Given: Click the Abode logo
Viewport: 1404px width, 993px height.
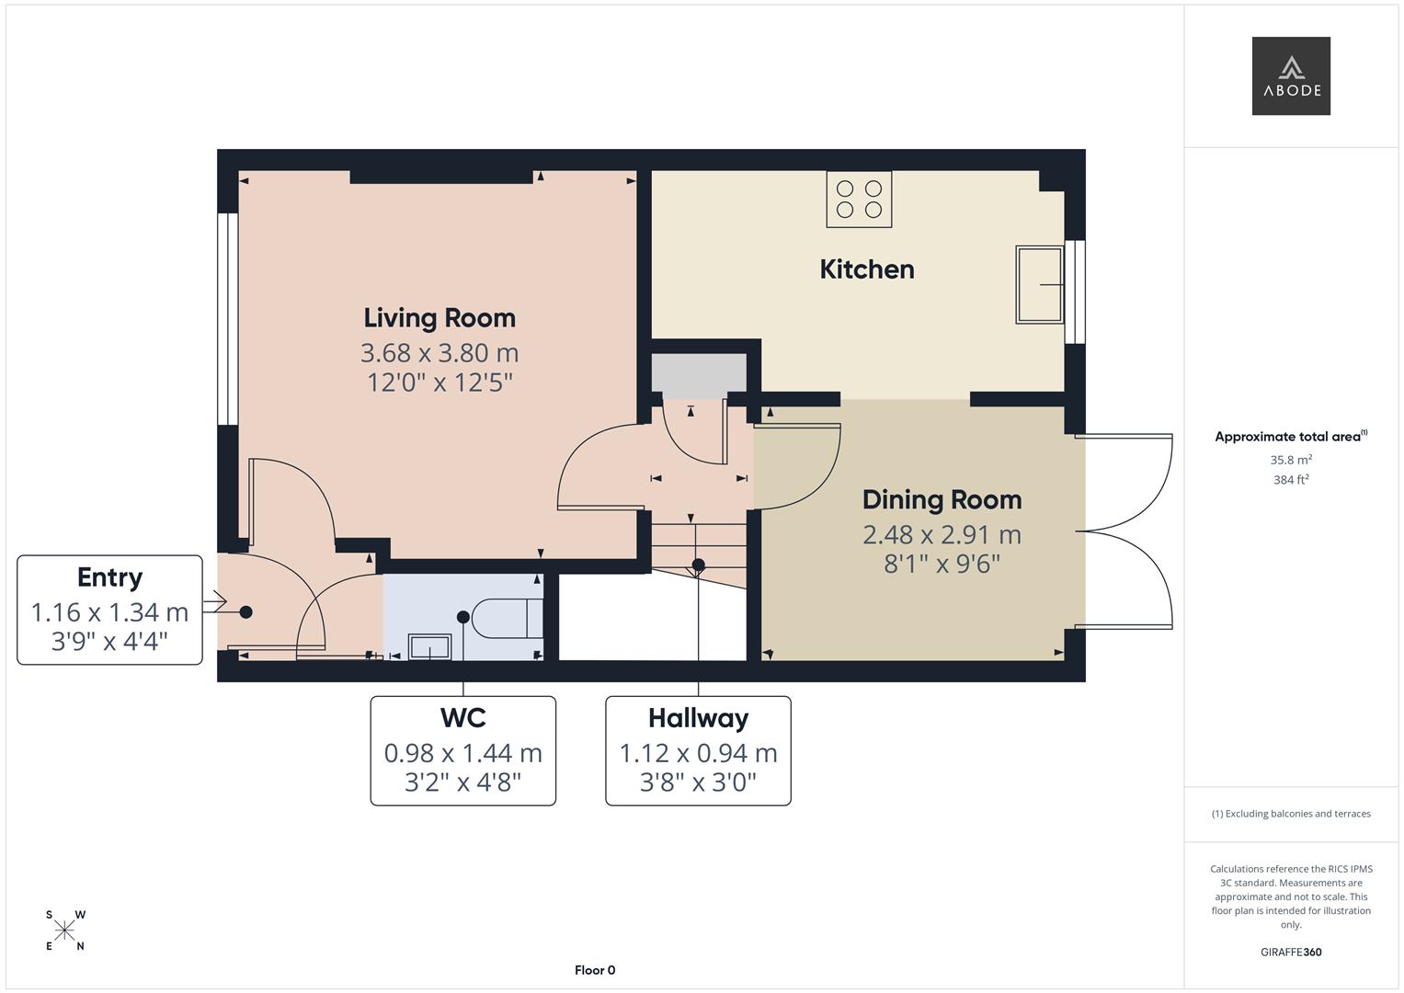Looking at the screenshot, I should [1290, 76].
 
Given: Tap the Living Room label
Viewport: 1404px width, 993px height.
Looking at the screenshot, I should [439, 318].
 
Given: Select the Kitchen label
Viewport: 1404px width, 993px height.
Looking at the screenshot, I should [866, 269].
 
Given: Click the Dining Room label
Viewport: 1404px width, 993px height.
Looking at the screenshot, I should [942, 500].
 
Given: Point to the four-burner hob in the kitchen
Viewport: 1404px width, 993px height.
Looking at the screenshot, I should [859, 200].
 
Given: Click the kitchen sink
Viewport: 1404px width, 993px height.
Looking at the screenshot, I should [1039, 284].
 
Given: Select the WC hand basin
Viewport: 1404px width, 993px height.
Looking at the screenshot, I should [428, 646].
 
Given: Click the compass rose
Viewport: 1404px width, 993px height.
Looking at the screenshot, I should [64, 930].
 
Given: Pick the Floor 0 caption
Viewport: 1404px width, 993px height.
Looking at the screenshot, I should [595, 970].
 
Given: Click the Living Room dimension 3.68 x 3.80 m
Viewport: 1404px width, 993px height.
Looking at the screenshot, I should [439, 353].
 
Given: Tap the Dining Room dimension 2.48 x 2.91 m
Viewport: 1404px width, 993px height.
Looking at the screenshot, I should [942, 534].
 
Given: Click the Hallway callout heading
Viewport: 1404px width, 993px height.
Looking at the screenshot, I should [698, 718].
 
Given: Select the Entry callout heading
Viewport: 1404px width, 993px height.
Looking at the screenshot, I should [109, 577].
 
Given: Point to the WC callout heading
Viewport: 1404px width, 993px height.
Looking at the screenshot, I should [462, 718].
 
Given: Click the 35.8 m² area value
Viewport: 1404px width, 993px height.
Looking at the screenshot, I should [1290, 460].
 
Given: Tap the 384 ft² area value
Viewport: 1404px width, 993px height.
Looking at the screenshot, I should [1290, 479].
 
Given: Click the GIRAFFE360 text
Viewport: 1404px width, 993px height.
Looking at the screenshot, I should [1290, 952].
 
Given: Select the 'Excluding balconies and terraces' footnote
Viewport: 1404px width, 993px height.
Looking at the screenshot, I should [1290, 814].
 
